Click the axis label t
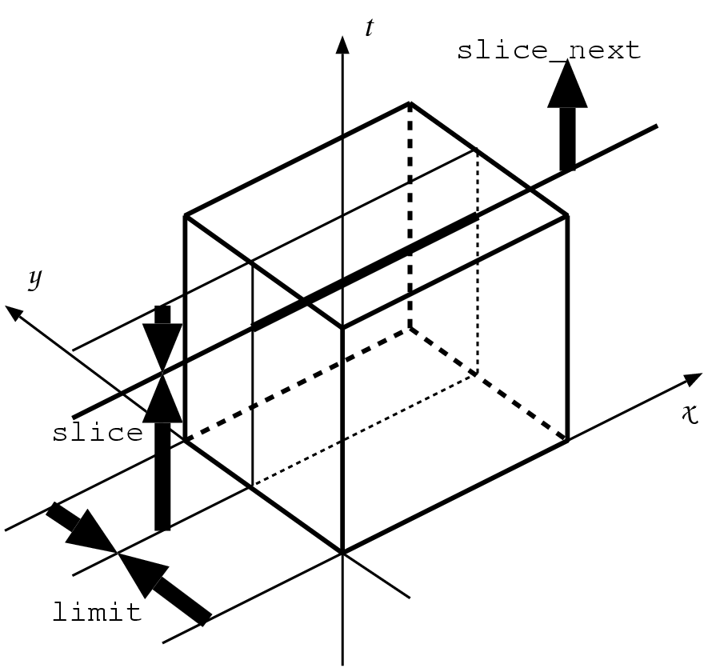(x=369, y=28)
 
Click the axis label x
(x=689, y=414)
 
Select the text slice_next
(x=549, y=50)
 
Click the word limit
(x=97, y=614)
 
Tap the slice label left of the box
(x=97, y=433)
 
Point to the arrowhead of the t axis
(x=343, y=43)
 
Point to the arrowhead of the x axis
(x=690, y=378)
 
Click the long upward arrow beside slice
(x=162, y=456)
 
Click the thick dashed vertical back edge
(x=410, y=216)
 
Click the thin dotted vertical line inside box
(x=478, y=264)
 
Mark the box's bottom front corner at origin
(x=343, y=553)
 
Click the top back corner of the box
(x=410, y=103)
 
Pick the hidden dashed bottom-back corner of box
(x=410, y=327)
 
